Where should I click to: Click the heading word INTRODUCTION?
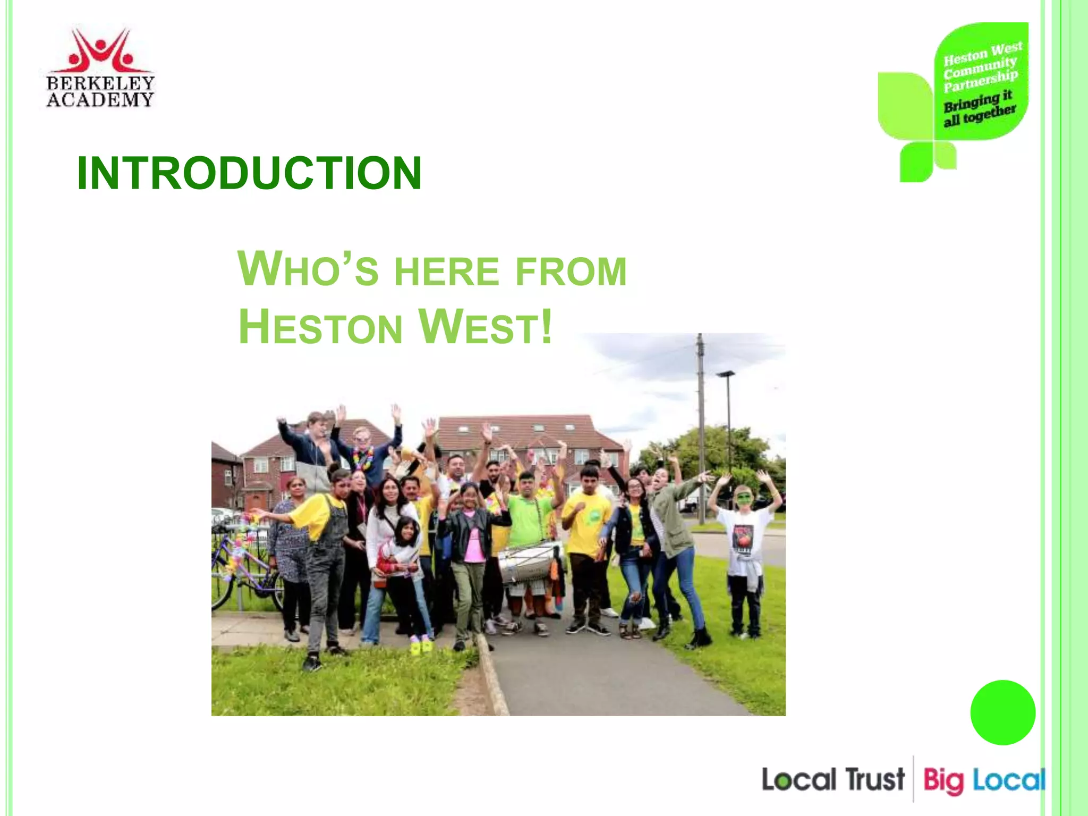coord(249,173)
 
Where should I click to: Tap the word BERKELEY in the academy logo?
coord(100,83)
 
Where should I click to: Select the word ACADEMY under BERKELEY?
coord(100,100)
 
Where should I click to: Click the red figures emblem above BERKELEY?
coord(101,50)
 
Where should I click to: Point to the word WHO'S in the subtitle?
coord(308,270)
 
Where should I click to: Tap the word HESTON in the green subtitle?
coord(320,327)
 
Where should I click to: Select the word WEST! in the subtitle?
coord(486,327)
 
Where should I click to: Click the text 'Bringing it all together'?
coord(979,108)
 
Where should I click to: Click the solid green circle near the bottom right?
coord(1002,712)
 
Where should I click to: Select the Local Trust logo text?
coord(832,780)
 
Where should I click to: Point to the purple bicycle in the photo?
coord(242,571)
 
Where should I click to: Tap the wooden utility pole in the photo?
coord(701,425)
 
